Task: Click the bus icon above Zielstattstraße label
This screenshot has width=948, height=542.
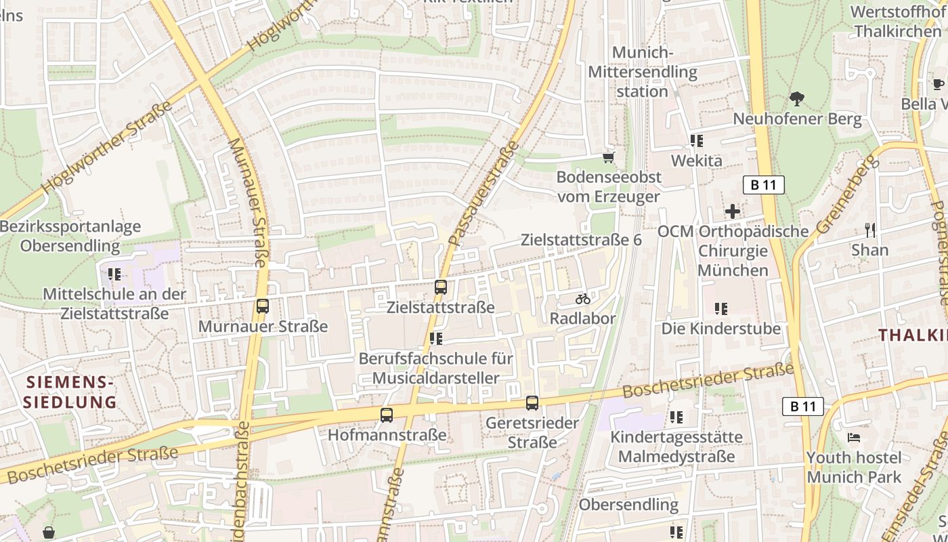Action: [x=440, y=287]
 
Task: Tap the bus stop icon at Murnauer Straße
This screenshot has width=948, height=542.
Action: [x=263, y=306]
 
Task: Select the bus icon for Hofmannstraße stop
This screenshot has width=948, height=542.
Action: [x=386, y=415]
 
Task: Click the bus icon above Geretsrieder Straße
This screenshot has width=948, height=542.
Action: [x=532, y=403]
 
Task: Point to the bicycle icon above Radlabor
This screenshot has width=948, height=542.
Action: [x=583, y=299]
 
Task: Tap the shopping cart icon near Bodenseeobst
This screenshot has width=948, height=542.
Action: [x=608, y=158]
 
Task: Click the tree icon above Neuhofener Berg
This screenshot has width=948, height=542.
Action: [x=797, y=99]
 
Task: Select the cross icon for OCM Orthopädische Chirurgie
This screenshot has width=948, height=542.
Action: [x=732, y=212]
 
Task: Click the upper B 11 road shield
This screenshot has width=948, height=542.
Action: [x=763, y=185]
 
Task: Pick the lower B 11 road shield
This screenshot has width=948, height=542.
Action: [x=802, y=406]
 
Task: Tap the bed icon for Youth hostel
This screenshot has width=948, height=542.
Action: [x=854, y=438]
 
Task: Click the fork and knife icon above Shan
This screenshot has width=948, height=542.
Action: [x=870, y=230]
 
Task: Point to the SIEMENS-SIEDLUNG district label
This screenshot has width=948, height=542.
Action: [x=70, y=392]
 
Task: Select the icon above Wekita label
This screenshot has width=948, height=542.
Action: [x=696, y=141]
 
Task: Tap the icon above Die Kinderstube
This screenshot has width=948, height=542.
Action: [x=721, y=309]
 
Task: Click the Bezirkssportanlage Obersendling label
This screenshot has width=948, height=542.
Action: [x=70, y=236]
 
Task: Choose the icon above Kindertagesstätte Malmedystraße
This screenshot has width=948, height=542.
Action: [x=676, y=417]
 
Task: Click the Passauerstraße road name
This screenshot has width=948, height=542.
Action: [x=482, y=194]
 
